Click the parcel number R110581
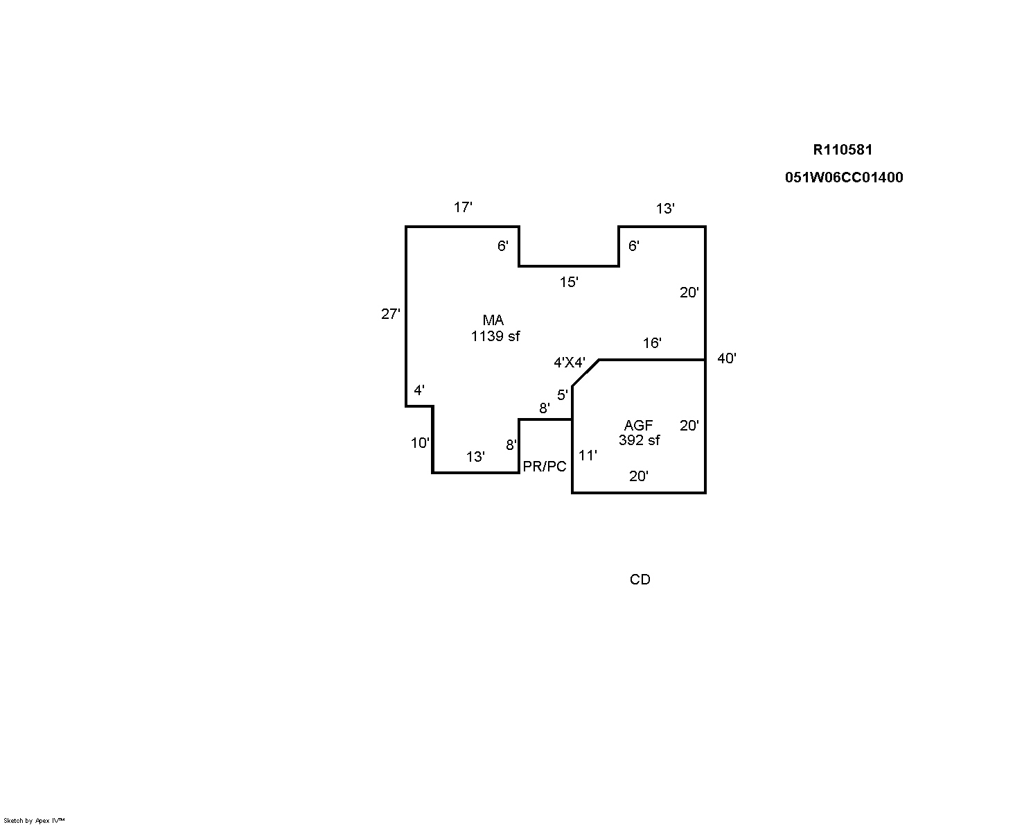(x=843, y=150)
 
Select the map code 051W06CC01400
(x=844, y=177)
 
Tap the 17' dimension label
(x=463, y=207)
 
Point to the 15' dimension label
(x=569, y=282)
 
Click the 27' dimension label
(x=391, y=314)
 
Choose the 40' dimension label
(x=727, y=358)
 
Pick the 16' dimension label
(x=652, y=342)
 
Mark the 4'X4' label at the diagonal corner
(x=570, y=363)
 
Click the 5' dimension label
(x=563, y=395)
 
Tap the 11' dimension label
(x=588, y=455)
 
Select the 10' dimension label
(x=420, y=444)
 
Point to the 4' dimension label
(x=419, y=390)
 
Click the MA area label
(x=493, y=320)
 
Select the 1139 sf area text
(x=495, y=336)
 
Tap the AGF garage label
(x=638, y=426)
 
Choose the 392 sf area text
(x=639, y=440)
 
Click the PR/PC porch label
(x=545, y=467)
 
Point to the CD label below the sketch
(x=640, y=580)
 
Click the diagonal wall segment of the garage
(x=585, y=373)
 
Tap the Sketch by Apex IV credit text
(x=34, y=821)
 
